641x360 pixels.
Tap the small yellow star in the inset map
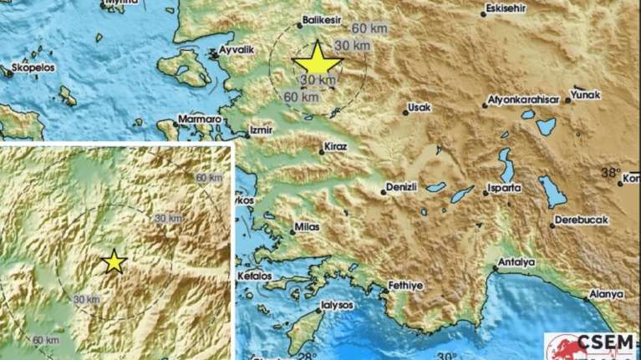[x=114, y=262]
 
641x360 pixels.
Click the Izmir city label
[x=262, y=130]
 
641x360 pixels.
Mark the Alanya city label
[x=606, y=294]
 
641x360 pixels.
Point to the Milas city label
[x=306, y=227]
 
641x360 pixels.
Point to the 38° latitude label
[x=610, y=173]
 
